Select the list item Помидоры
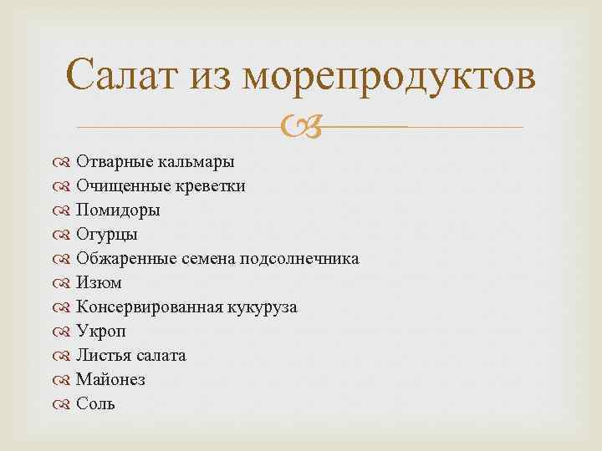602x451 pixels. click(x=118, y=210)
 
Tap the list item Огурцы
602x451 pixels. click(x=107, y=234)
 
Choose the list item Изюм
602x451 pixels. click(x=99, y=282)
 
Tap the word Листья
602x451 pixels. click(x=101, y=355)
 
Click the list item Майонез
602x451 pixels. click(x=110, y=379)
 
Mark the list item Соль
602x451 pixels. click(x=95, y=403)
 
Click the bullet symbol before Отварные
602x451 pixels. click(x=64, y=161)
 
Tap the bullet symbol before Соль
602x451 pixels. click(x=64, y=403)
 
